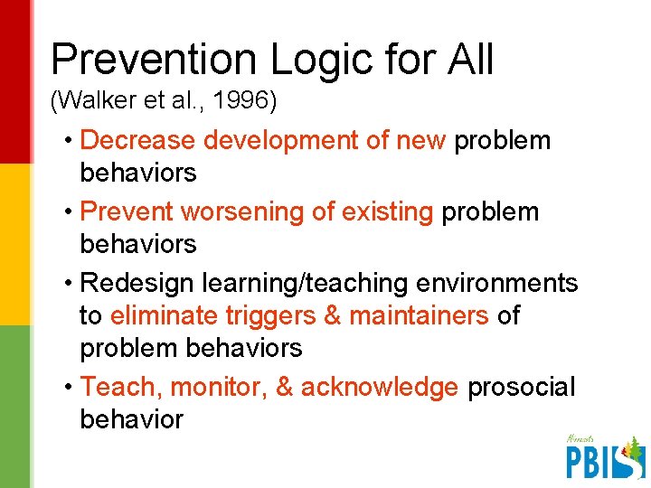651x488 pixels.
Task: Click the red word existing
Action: [x=378, y=211]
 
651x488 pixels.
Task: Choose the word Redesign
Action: [x=137, y=283]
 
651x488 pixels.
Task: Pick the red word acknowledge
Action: [x=379, y=387]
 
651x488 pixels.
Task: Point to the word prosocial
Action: [x=521, y=387]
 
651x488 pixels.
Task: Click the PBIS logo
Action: [x=604, y=457]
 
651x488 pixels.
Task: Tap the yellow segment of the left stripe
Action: [x=16, y=244]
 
